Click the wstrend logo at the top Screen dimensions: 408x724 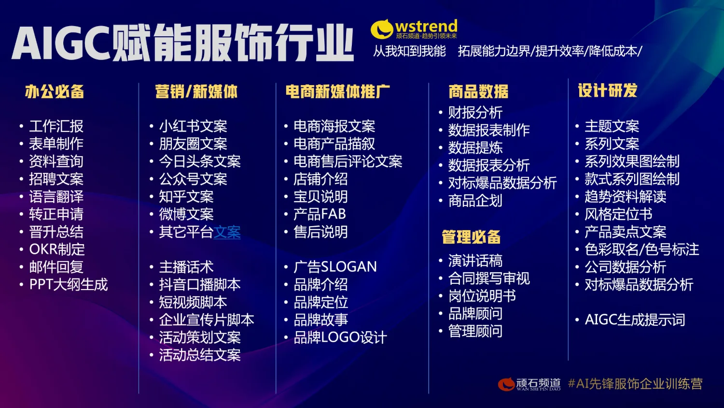pos(414,29)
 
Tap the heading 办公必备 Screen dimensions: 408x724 pos(55,91)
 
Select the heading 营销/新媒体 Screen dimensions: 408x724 pos(196,91)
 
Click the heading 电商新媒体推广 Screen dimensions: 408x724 pos(337,91)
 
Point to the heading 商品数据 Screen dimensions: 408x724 pos(478,91)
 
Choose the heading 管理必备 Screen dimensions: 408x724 pos(471,237)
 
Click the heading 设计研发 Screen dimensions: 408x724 pos(608,90)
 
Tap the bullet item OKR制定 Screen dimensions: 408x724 pos(57,249)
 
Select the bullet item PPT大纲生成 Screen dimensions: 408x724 pos(69,284)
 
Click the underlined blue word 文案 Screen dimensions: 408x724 pos(227,232)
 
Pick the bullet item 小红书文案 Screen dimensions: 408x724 pos(193,126)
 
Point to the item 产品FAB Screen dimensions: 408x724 pos(320,214)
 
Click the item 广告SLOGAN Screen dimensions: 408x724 pos(335,267)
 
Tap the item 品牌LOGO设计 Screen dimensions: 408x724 pos(340,337)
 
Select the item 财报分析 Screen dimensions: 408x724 pos(475,113)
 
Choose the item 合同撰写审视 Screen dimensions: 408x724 pos(489,278)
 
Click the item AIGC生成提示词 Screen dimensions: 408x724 pos(635,320)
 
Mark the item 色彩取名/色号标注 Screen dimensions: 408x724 pos(642,249)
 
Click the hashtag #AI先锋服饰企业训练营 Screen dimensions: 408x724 pos(635,384)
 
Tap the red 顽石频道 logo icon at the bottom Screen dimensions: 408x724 pos(506,384)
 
